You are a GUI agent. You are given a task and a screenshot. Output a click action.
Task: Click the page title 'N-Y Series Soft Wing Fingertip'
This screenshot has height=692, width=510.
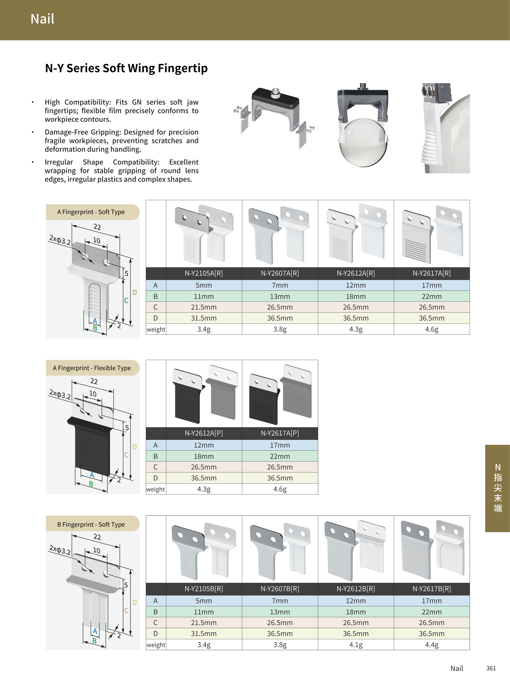point(126,68)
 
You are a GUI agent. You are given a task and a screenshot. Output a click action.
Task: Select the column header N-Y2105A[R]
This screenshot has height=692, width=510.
point(204,273)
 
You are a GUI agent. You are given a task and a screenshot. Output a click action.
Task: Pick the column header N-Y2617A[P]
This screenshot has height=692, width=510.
point(280,433)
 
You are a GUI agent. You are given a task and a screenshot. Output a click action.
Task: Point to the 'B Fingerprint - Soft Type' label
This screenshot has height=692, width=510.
point(91,524)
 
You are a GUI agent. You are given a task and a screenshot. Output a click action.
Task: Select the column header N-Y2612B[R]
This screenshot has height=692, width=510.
point(356,589)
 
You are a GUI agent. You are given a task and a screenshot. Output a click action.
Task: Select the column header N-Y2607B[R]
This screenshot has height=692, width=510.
point(280,589)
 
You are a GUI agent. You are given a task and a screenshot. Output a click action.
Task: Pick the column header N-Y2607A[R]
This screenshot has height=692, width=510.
point(280,273)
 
